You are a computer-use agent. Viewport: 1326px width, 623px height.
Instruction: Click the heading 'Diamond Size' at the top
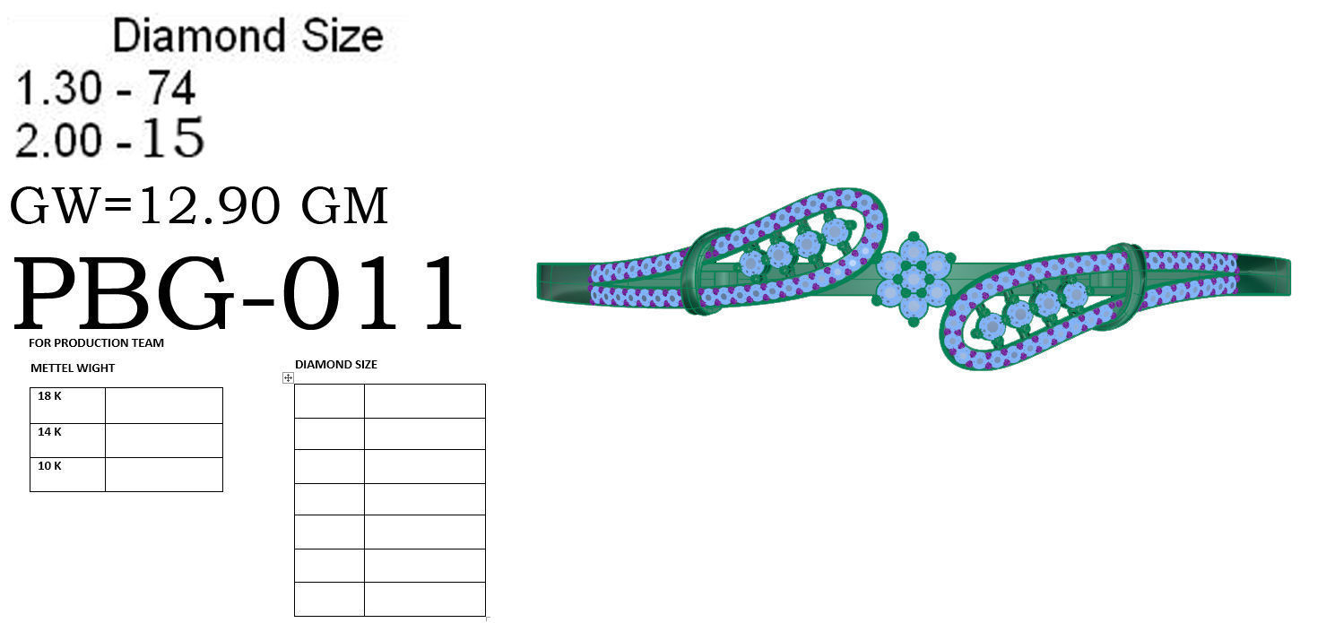[x=248, y=37]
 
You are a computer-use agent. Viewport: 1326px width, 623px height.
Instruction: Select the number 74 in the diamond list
[x=171, y=89]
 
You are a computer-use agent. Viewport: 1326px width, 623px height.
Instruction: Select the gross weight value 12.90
[x=209, y=206]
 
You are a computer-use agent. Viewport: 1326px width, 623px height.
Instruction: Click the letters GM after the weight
[x=344, y=206]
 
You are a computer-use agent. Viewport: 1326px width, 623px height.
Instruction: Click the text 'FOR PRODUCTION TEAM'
[x=96, y=343]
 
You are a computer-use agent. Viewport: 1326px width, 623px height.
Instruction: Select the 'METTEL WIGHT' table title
[x=73, y=368]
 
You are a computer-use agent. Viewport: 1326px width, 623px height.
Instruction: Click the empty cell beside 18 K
[x=163, y=405]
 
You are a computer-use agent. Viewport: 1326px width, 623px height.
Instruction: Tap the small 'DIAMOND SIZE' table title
[x=336, y=365]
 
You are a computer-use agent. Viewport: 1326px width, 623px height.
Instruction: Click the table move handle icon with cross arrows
[x=288, y=378]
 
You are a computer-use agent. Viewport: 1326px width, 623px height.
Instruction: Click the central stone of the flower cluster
[x=913, y=277]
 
